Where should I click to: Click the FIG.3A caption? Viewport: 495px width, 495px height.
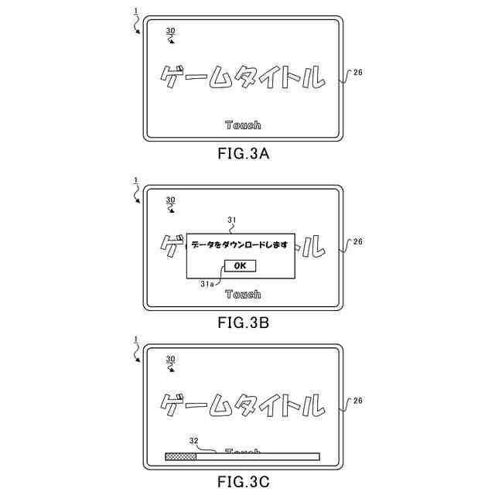click(243, 154)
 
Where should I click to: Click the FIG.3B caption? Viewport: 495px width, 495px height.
click(243, 322)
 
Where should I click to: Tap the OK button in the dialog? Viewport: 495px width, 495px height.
click(240, 265)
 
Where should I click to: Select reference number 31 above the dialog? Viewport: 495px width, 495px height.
click(230, 220)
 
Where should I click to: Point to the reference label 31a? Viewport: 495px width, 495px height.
click(207, 283)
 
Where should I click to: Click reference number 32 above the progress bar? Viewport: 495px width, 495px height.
click(194, 441)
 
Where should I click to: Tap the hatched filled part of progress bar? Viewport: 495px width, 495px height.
click(180, 456)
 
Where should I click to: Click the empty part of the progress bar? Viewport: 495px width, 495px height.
click(258, 456)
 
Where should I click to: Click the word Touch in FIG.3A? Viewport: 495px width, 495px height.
click(243, 125)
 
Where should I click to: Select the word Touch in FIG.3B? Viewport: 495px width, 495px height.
click(243, 294)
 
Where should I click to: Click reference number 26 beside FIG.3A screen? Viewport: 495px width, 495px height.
click(357, 73)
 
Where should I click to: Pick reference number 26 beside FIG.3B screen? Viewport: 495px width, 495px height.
click(357, 241)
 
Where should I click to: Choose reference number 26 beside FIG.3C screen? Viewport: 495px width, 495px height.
click(357, 401)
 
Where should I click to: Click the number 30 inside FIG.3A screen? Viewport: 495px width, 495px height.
click(171, 30)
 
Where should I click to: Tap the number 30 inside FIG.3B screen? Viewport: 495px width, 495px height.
click(171, 200)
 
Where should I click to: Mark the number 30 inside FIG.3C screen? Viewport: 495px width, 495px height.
click(171, 359)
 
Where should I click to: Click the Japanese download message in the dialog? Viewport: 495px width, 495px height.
click(240, 244)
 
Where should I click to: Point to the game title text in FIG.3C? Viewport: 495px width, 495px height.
click(240, 404)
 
